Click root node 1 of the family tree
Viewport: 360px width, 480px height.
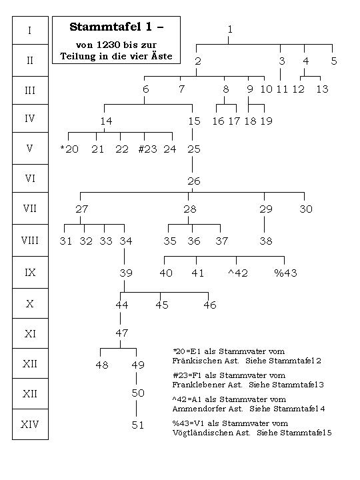(x=230, y=29)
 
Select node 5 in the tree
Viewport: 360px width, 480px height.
(x=334, y=61)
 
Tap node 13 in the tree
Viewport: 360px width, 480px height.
(x=323, y=89)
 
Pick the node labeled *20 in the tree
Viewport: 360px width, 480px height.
(x=69, y=149)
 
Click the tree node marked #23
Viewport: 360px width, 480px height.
(x=148, y=149)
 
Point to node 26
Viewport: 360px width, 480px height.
(x=194, y=181)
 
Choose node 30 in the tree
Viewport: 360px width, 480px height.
(x=306, y=209)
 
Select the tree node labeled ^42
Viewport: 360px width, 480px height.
(x=238, y=273)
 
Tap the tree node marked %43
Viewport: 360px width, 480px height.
(x=285, y=273)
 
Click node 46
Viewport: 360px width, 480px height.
(x=210, y=305)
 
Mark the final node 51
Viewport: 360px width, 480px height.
(x=138, y=425)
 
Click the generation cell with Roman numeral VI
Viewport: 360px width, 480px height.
(x=30, y=179)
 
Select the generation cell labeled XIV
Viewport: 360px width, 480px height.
(x=30, y=424)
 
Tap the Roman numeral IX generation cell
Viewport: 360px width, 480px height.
(x=30, y=273)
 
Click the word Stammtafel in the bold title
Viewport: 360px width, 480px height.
(x=106, y=27)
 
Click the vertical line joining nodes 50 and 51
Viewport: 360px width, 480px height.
(x=136, y=409)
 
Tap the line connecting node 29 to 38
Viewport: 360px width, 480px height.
(x=264, y=225)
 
